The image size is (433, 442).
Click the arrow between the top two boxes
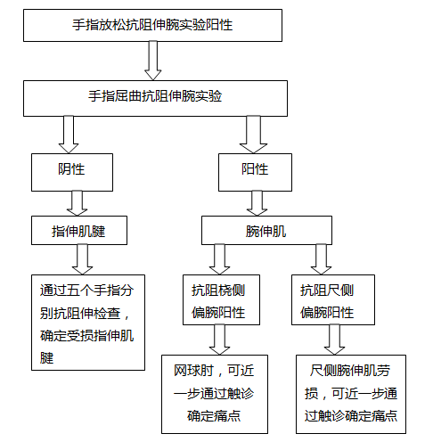click(153, 61)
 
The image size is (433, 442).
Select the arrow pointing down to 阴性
click(69, 135)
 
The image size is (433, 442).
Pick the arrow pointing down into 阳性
click(253, 135)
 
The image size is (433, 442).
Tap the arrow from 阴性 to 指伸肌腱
click(78, 203)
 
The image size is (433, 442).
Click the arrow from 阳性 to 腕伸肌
click(257, 203)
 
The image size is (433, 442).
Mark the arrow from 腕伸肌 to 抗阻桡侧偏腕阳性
click(219, 259)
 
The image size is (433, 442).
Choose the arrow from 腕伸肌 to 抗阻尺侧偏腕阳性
click(321, 259)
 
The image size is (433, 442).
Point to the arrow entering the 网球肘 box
click(219, 340)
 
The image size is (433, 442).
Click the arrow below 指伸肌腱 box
click(82, 259)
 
